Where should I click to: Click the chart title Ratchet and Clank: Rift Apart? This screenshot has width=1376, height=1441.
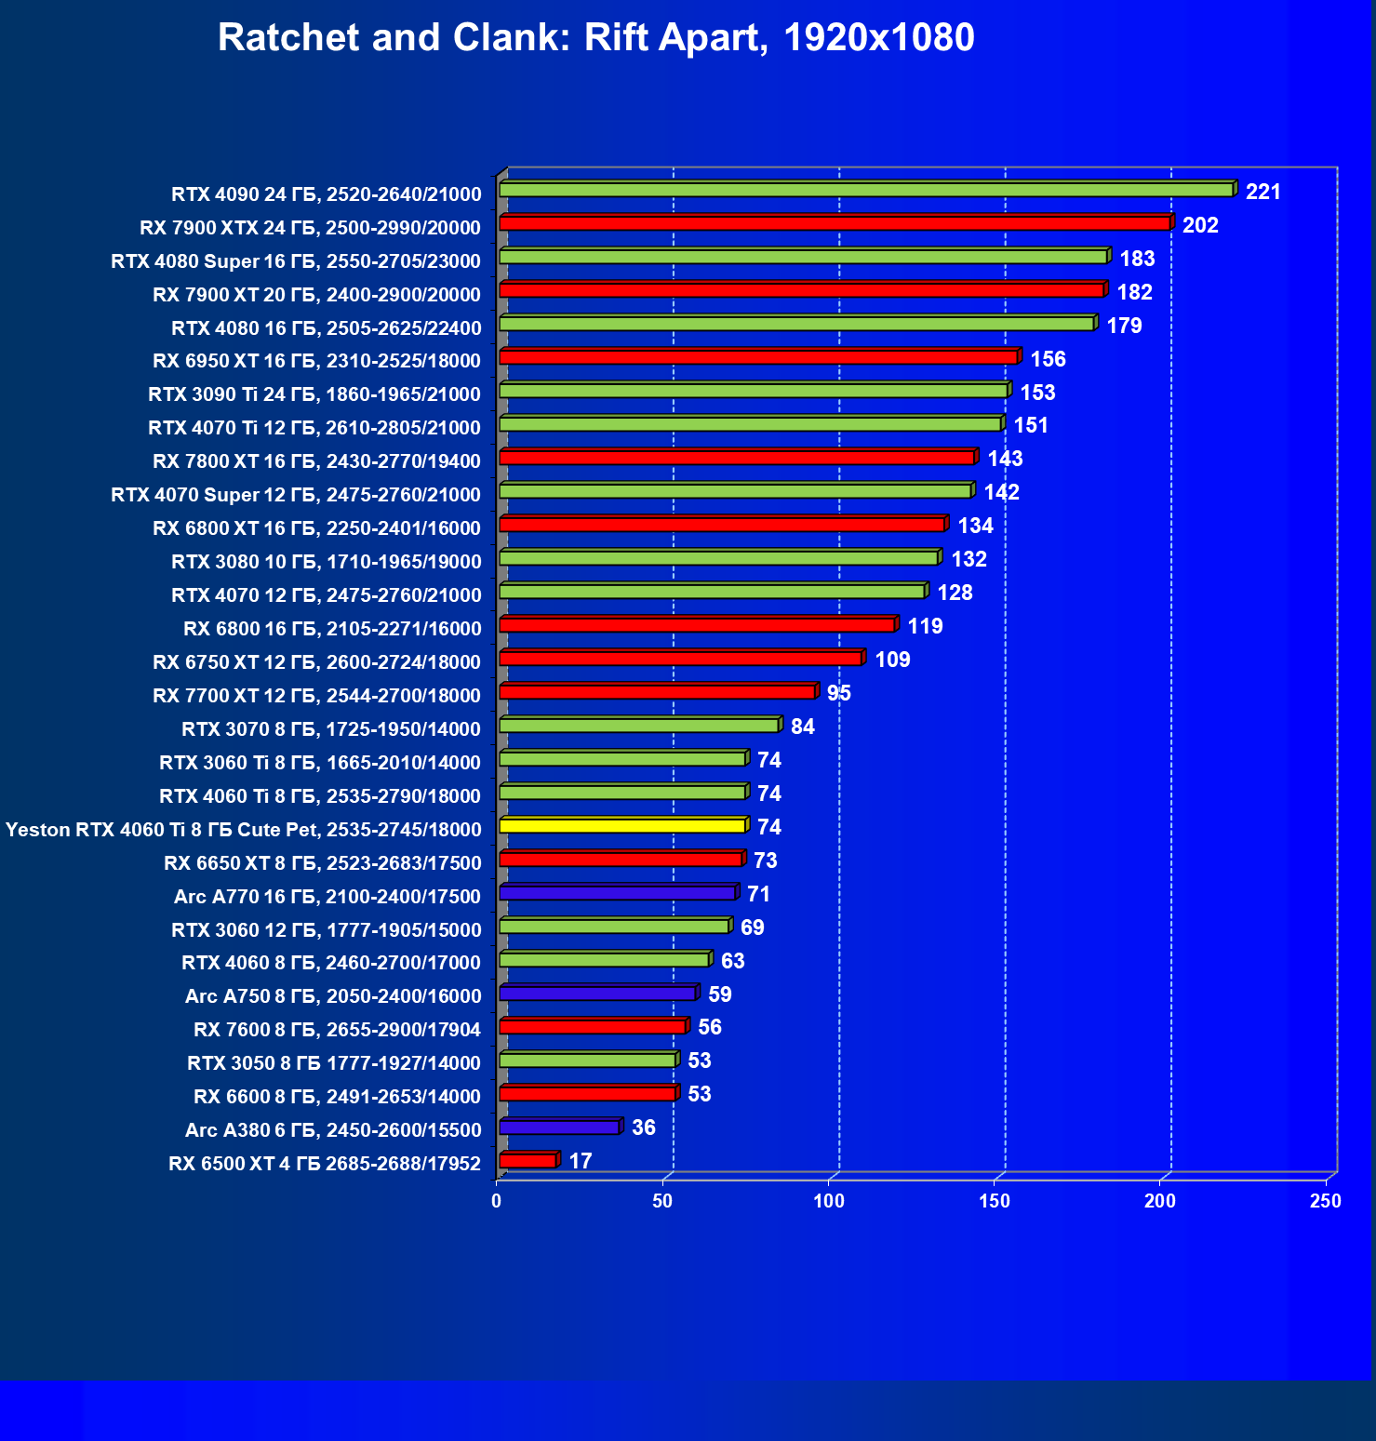point(595,38)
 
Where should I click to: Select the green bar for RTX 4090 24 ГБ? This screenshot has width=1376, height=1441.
point(865,190)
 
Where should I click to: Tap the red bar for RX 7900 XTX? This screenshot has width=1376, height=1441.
point(834,223)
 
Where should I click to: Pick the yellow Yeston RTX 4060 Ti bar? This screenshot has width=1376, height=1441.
point(621,826)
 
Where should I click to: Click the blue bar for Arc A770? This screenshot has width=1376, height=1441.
point(617,893)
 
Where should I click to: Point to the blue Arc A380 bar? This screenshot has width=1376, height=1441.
point(558,1127)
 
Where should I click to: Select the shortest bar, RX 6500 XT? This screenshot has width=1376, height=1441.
point(528,1161)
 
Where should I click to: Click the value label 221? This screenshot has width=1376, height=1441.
point(1262,192)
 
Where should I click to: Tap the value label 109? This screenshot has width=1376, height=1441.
point(892,660)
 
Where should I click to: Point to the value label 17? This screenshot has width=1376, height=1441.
point(580,1161)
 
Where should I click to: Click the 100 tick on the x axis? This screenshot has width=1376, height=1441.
point(828,1201)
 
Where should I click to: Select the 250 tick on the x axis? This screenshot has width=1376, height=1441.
point(1325,1201)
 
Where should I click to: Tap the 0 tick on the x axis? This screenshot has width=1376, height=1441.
point(497,1201)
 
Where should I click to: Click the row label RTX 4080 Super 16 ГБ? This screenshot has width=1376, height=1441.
point(296,261)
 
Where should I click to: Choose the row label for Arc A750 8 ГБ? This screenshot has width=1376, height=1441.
point(333,996)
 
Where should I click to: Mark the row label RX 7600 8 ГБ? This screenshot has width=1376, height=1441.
point(337,1030)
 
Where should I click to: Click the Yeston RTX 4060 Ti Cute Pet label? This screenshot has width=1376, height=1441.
point(244,830)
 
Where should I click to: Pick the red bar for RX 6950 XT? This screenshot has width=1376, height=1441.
point(758,357)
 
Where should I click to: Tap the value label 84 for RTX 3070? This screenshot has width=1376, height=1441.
point(802,727)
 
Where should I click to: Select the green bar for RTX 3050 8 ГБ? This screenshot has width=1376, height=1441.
point(587,1061)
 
